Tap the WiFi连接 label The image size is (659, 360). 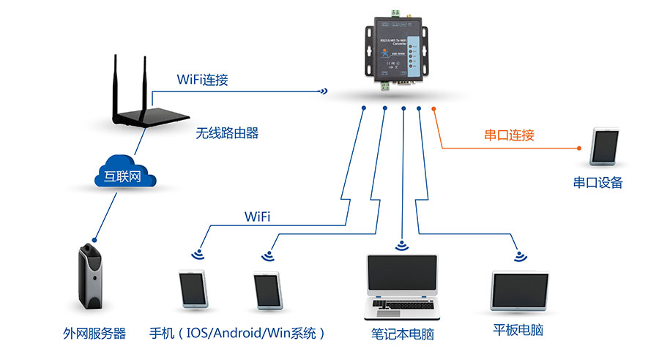[x=202, y=79]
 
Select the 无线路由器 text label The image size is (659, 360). [x=227, y=133]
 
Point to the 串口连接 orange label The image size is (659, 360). [x=510, y=135]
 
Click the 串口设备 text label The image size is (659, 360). [x=597, y=183]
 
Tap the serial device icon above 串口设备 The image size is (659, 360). [x=605, y=146]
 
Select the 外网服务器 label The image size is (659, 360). [x=94, y=334]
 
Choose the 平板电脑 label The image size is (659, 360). [x=518, y=330]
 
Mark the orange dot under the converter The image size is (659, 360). [x=434, y=110]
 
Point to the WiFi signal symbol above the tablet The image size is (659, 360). [x=520, y=256]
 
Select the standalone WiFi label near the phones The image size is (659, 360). [x=257, y=217]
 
